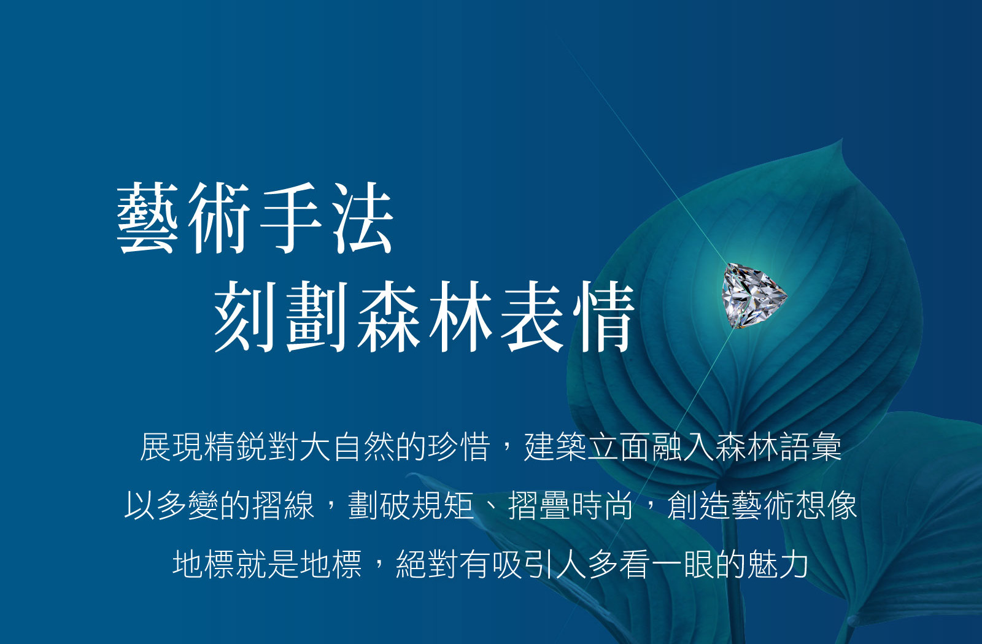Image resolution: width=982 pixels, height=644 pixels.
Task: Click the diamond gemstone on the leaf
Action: point(754,295)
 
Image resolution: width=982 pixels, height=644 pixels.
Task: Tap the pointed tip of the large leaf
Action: point(840,142)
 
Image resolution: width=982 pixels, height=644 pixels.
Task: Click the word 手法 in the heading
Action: point(325,219)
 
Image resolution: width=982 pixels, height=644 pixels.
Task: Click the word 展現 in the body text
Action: point(172,446)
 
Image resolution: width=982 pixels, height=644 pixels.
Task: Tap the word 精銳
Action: point(236,446)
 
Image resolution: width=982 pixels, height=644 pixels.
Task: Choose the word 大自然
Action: point(331,446)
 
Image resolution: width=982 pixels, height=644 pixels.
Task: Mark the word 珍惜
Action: point(459,446)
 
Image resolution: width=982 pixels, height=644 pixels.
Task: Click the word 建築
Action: point(555,446)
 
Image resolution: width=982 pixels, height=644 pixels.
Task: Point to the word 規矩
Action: point(444,505)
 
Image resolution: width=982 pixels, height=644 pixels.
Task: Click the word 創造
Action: point(699,505)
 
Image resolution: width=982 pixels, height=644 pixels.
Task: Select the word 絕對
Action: point(428,564)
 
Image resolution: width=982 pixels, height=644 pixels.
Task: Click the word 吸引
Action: point(524,564)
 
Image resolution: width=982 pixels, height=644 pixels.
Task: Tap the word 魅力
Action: point(778,564)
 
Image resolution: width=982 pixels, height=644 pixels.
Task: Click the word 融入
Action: point(683,446)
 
